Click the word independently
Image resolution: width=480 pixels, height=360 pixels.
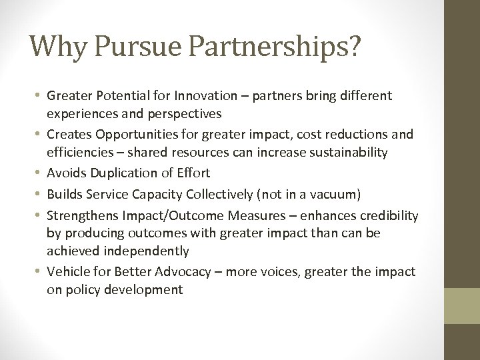coord(151,251)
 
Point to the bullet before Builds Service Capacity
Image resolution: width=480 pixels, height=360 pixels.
coord(37,194)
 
